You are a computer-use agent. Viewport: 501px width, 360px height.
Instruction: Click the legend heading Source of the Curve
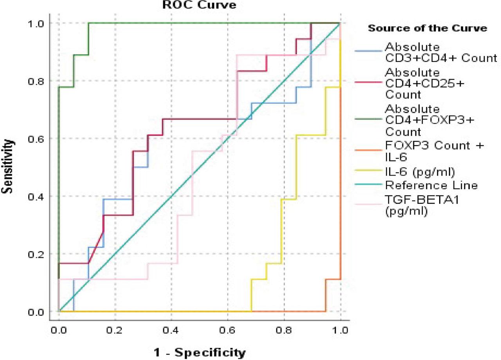click(x=427, y=28)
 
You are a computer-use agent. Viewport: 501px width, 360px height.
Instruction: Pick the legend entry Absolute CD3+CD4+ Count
click(x=441, y=52)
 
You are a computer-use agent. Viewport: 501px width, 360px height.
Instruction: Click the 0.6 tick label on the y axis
click(x=38, y=139)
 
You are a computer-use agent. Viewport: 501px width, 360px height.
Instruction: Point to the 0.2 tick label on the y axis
click(x=38, y=254)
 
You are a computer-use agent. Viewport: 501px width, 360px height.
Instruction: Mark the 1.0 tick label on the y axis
click(x=38, y=24)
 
